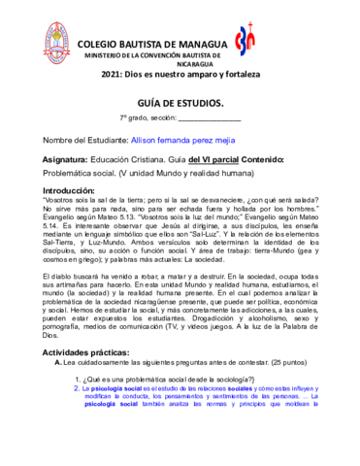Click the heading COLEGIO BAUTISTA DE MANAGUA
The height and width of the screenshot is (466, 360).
pos(152,44)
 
